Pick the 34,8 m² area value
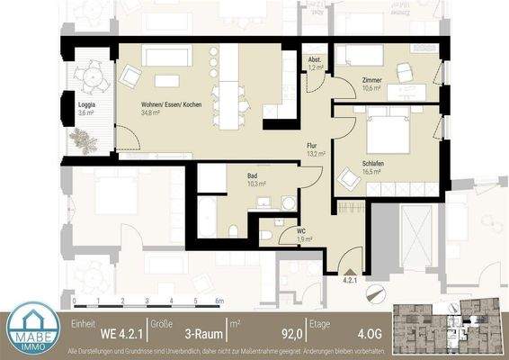click(151, 113)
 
